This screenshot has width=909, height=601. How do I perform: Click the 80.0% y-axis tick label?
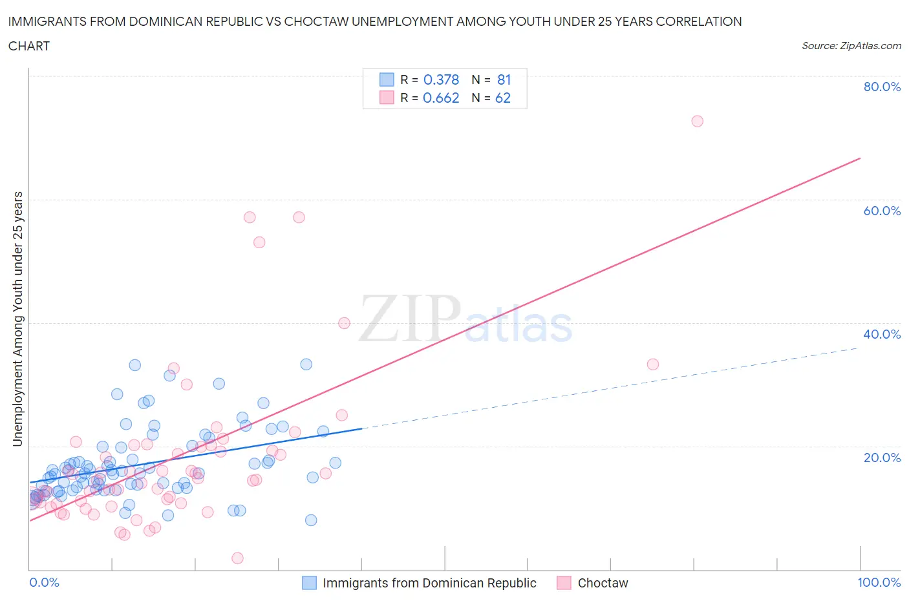[882, 87]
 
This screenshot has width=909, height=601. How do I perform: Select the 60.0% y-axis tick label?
[882, 211]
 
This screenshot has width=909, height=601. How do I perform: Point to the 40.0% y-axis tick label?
[882, 334]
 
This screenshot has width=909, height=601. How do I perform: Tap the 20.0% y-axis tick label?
[882, 458]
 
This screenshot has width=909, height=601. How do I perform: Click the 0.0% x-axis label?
[44, 582]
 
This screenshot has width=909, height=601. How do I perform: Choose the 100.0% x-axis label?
[879, 582]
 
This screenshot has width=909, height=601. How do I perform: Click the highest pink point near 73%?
[697, 121]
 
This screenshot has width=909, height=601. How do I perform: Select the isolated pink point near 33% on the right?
[653, 364]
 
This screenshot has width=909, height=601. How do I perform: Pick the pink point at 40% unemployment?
[344, 323]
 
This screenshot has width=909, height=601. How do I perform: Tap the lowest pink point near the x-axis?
[237, 558]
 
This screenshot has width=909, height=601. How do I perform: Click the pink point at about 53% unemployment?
[259, 242]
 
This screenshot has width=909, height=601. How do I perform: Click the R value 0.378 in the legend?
[441, 79]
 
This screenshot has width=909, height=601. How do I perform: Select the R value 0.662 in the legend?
[441, 98]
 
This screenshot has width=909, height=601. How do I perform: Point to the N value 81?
[504, 79]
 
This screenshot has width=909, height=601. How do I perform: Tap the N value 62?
[503, 98]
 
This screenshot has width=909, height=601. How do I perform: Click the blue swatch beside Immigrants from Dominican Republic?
[310, 583]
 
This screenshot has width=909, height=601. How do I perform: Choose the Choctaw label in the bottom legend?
[603, 583]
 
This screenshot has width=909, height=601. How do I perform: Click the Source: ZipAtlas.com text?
[851, 45]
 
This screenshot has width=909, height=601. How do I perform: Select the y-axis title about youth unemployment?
[17, 319]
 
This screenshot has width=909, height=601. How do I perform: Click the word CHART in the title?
[29, 46]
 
